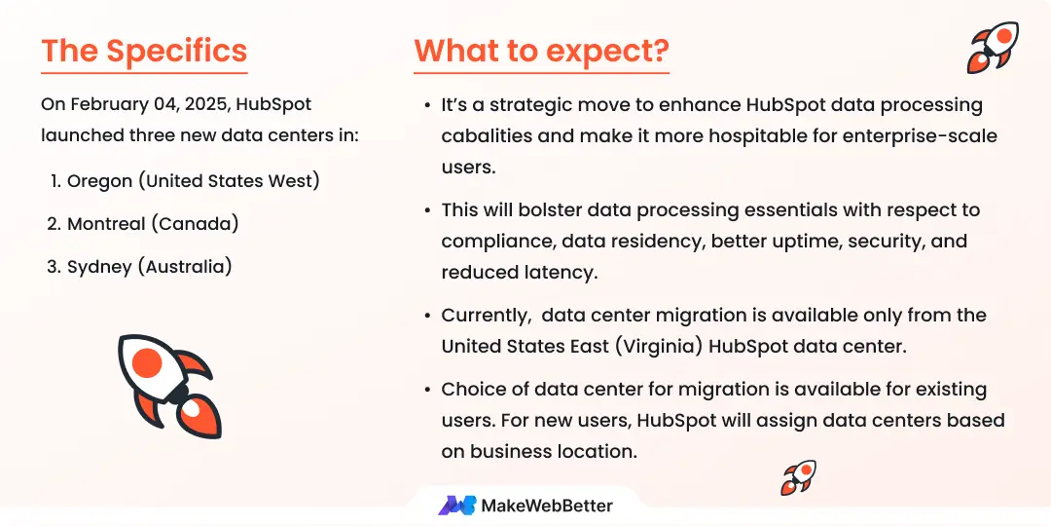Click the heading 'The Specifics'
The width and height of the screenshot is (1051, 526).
click(x=144, y=51)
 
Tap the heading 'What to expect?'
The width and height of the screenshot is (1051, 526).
click(x=541, y=51)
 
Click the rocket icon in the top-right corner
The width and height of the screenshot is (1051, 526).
click(x=992, y=47)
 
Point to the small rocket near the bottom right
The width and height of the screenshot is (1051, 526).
click(x=798, y=477)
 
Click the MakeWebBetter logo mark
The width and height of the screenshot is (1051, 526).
click(x=456, y=505)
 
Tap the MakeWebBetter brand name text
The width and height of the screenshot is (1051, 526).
click(x=547, y=505)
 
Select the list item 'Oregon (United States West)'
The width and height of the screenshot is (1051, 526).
click(x=193, y=180)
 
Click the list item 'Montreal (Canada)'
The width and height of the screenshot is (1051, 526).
click(x=153, y=223)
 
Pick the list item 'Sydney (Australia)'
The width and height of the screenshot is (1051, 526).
click(x=149, y=266)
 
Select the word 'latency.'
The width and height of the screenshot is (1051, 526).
click(x=559, y=272)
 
